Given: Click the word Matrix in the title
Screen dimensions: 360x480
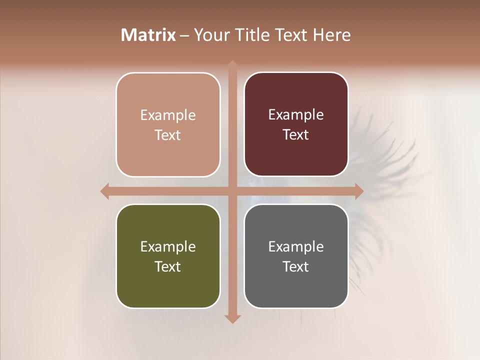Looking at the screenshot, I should pos(148,35).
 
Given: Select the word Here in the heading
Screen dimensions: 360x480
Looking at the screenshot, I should pos(332,35).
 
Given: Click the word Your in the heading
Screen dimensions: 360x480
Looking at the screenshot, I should pos(209,35).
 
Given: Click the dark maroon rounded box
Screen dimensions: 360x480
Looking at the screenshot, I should pos(296,124).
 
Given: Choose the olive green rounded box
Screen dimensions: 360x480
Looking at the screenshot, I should pos(168,256).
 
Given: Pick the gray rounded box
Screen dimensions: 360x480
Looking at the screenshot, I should pos(296,256).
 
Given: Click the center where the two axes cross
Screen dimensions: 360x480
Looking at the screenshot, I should pos(232,191).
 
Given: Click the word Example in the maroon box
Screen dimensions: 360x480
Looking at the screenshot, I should pos(296,115).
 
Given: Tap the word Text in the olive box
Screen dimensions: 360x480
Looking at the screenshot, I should pos(168,266).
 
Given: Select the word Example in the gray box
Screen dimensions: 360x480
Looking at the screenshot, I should pos(296,246).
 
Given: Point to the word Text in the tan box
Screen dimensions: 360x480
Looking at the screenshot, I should pos(168,135).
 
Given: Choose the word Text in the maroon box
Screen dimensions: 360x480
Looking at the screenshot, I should pos(296,134).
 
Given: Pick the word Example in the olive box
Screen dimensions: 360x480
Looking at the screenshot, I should pos(168,246).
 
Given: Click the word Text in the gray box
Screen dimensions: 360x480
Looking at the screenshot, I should pos(296,266).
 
